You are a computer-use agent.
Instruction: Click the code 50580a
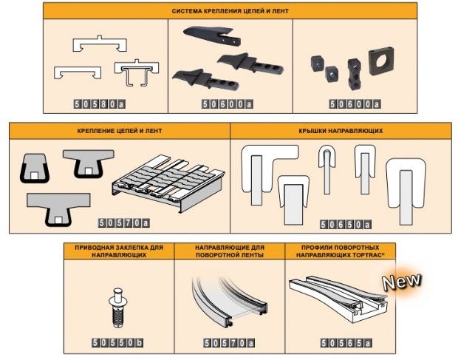100,104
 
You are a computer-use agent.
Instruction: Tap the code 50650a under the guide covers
346,225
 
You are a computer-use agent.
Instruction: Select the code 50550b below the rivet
117,342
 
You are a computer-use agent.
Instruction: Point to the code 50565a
346,343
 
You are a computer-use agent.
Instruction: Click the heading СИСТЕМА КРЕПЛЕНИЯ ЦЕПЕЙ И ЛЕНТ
230,11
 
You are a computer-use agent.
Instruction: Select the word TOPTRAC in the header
369,255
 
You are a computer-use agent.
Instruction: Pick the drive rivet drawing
117,308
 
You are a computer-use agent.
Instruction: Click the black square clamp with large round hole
381,61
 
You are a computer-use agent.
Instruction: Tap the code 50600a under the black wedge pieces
228,104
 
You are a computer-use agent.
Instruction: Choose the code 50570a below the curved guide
229,343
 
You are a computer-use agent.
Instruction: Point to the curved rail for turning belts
229,301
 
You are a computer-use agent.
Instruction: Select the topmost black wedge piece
212,35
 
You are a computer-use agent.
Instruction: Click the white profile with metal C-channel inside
137,72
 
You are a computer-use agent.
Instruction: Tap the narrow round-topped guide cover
327,169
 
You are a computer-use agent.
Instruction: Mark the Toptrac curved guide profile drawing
339,299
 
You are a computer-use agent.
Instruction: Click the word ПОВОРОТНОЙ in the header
214,255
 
